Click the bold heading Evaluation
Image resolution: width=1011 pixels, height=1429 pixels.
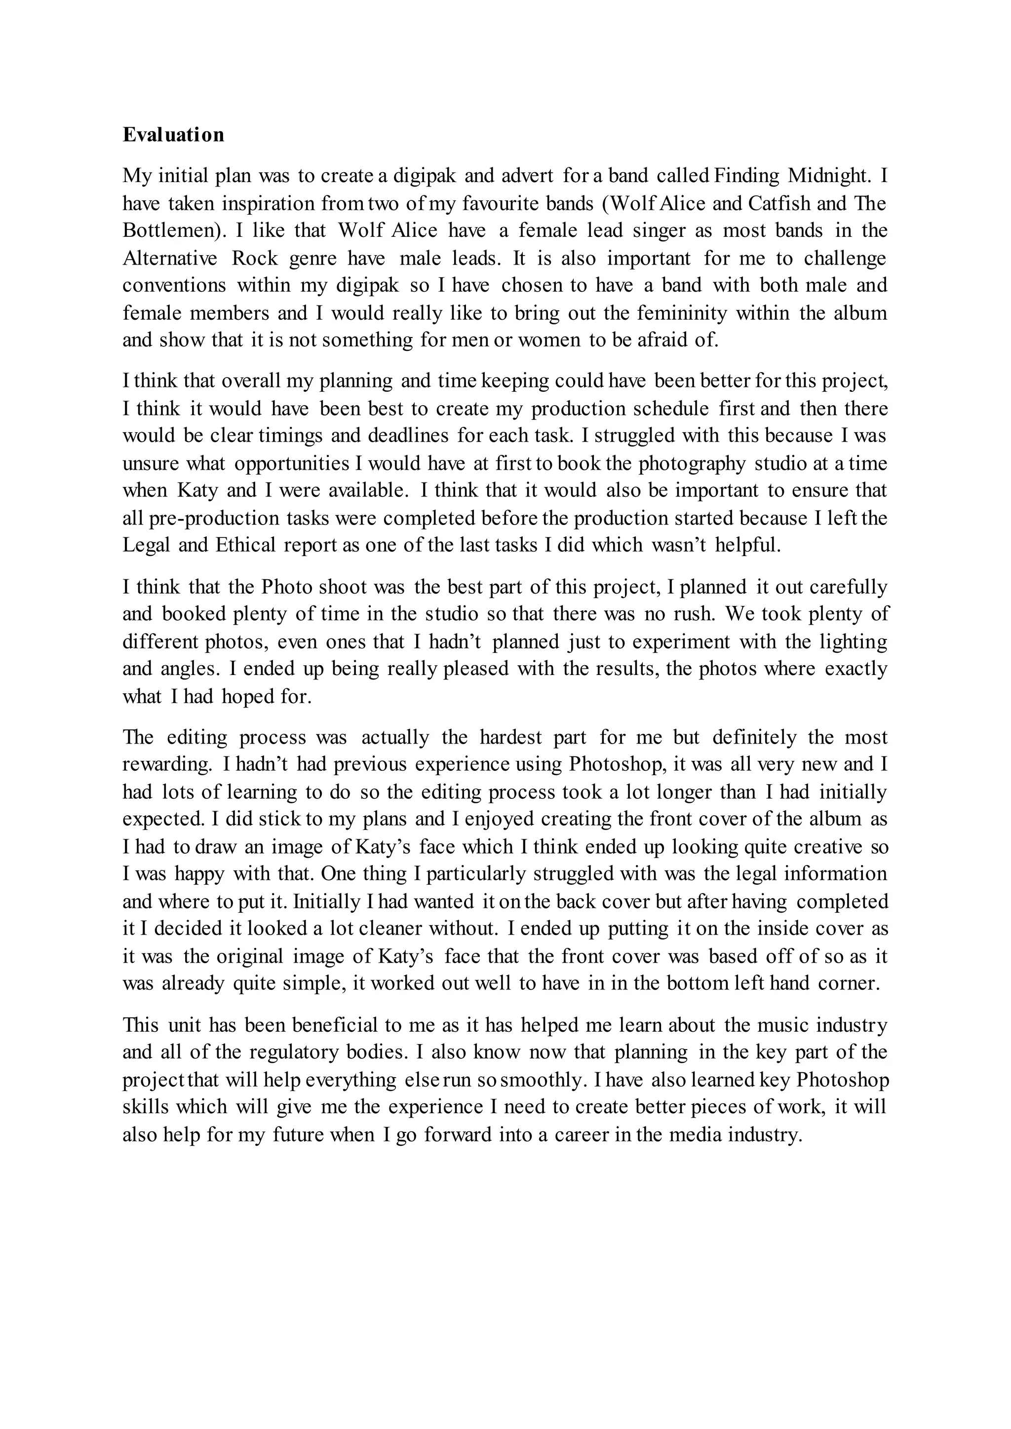(173, 135)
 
